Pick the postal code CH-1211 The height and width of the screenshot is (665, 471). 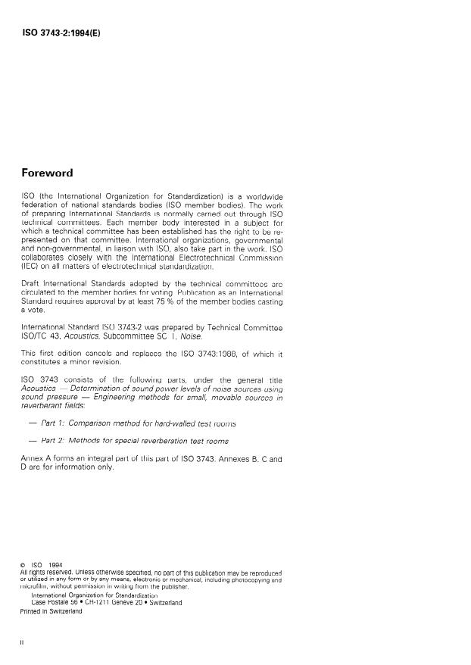108,603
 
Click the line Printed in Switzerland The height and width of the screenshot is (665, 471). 51,611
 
